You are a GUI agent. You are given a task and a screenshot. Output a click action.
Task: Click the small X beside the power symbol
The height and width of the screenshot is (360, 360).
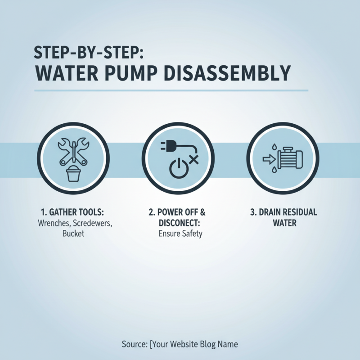[x=193, y=158]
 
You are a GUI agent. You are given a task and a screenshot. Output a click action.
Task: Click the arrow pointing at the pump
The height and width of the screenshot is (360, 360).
[x=268, y=158]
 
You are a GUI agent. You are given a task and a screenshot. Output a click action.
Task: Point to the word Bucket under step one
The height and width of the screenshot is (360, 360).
[x=73, y=234]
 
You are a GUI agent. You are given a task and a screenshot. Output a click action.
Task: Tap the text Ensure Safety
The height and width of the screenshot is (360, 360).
[x=180, y=234]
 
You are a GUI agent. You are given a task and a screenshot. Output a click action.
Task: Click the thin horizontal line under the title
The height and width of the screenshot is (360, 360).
[x=171, y=90]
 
